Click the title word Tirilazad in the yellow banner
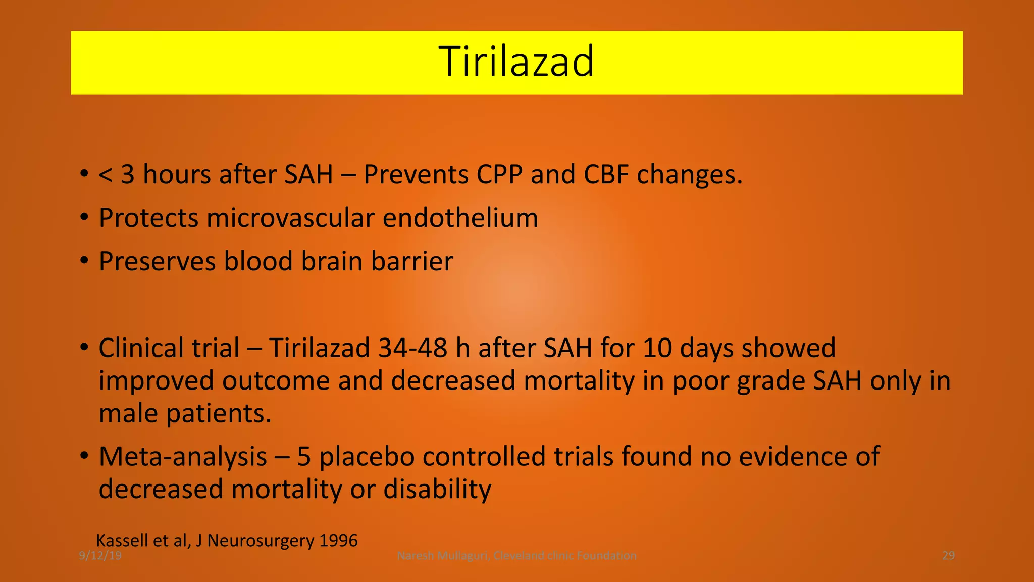pyautogui.click(x=516, y=62)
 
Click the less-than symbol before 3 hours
pyautogui.click(x=106, y=175)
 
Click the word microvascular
pyautogui.click(x=290, y=218)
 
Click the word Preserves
pyautogui.click(x=157, y=262)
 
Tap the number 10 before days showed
pyautogui.click(x=657, y=349)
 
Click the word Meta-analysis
pyautogui.click(x=183, y=457)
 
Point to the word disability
pyautogui.click(x=437, y=490)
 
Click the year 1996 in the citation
pyautogui.click(x=339, y=541)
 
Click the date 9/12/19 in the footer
pyautogui.click(x=100, y=556)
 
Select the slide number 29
pyautogui.click(x=948, y=556)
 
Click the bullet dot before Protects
pyautogui.click(x=84, y=218)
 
